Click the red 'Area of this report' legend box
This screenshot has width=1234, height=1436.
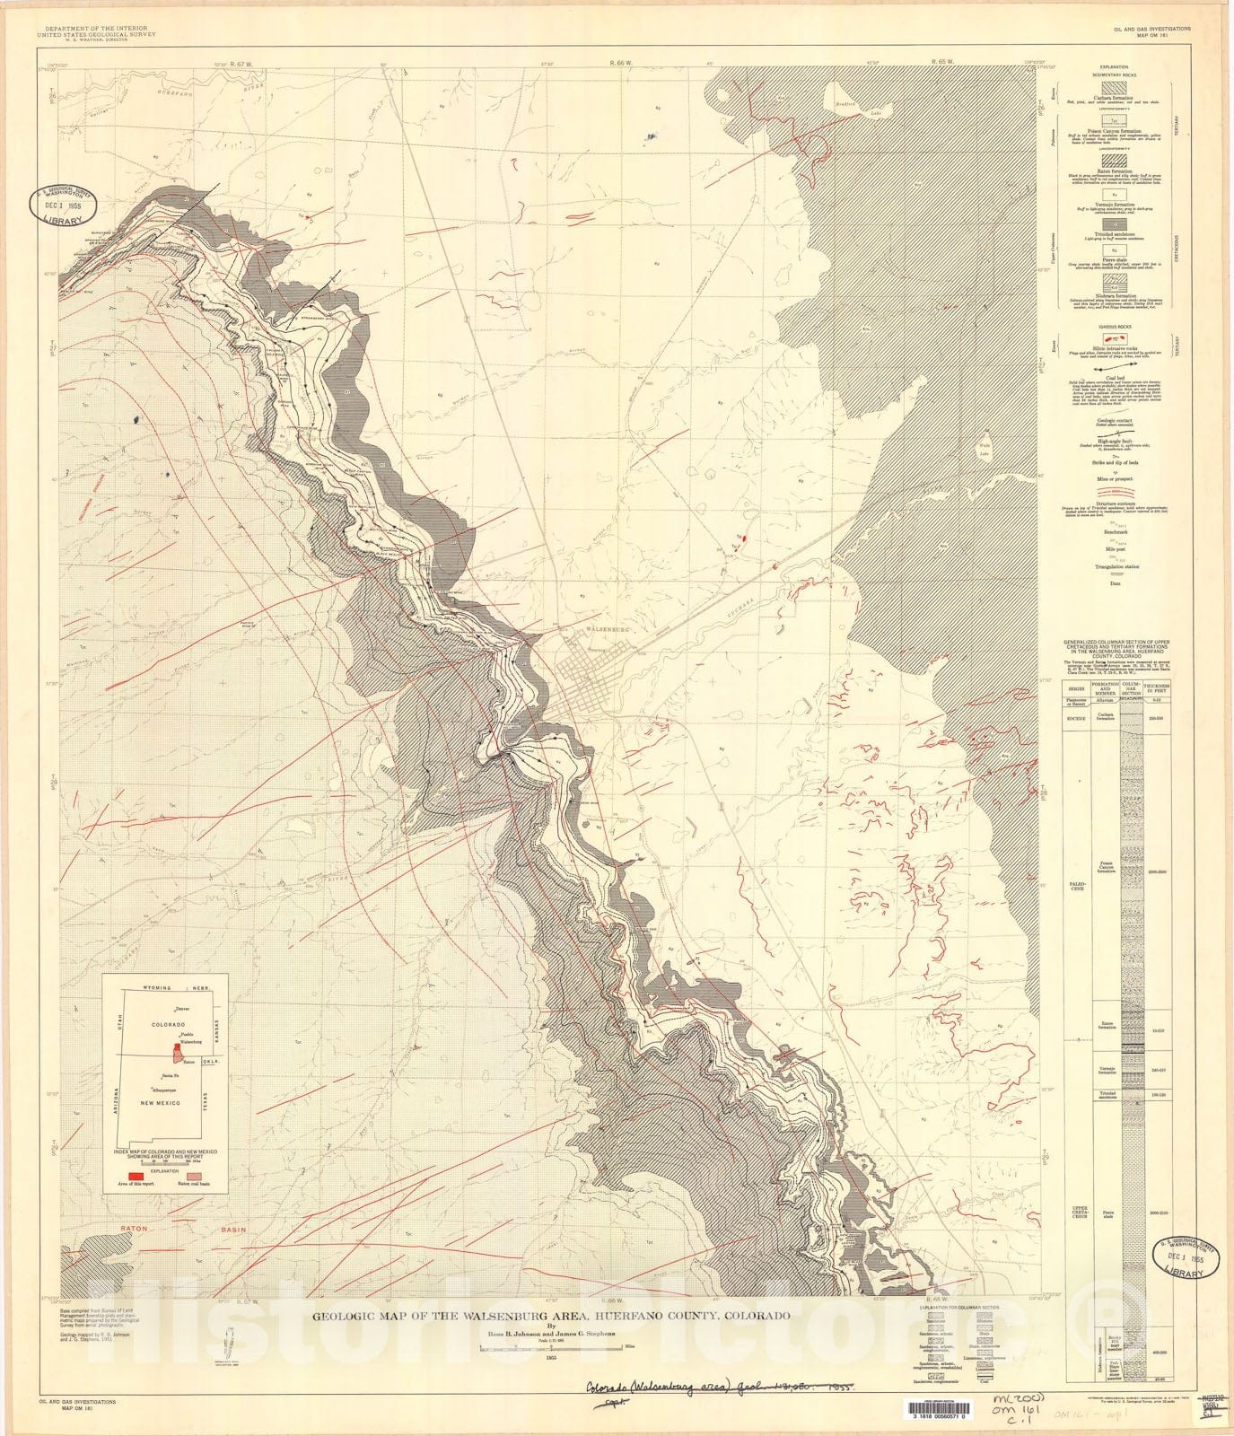pos(137,1174)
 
